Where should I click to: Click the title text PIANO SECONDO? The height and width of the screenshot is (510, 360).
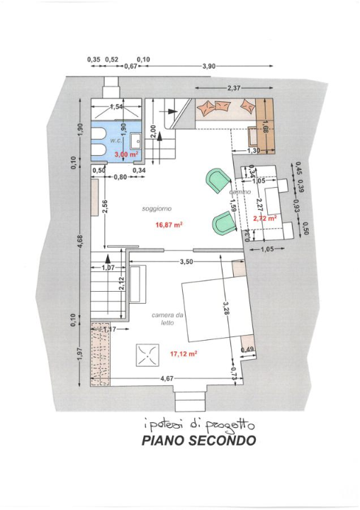tap(198, 441)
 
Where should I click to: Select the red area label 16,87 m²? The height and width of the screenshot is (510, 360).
tap(169, 225)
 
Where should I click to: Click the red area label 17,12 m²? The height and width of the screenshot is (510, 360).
tap(183, 352)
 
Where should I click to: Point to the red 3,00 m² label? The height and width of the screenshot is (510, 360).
tap(123, 153)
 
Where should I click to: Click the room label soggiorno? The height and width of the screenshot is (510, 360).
tap(157, 209)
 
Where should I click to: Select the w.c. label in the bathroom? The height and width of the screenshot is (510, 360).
tap(117, 141)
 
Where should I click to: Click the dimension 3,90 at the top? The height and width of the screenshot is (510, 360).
tap(208, 67)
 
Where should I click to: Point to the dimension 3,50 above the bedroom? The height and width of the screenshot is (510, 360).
tap(186, 261)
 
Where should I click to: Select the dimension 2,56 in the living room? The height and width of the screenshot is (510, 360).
tap(105, 207)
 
